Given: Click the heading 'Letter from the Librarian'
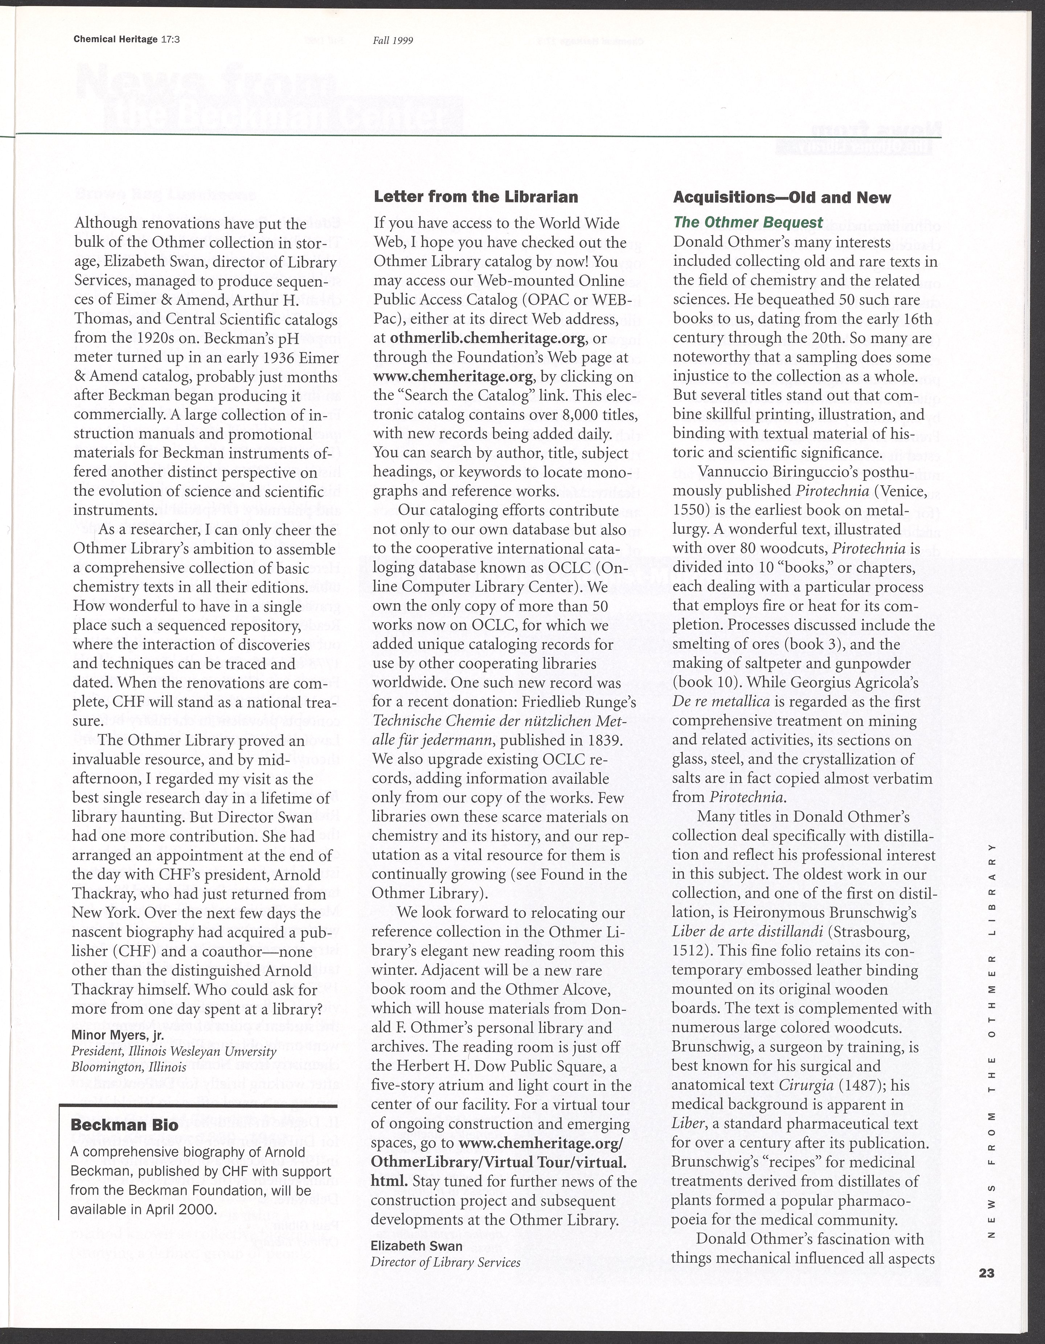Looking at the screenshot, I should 476,197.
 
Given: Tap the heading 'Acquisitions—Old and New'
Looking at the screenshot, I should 782,197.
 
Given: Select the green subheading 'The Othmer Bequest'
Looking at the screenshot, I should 748,222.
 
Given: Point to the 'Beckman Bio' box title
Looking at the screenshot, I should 124,1126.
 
